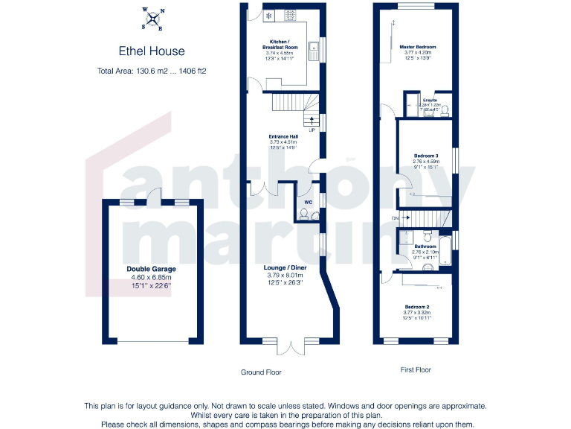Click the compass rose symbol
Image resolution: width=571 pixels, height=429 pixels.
[x=152, y=19]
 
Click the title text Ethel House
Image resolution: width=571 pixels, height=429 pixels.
[x=152, y=51]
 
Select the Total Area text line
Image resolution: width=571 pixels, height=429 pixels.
[x=152, y=71]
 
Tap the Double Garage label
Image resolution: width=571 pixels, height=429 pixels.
[x=151, y=269]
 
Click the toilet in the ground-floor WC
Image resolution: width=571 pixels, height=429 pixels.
[x=303, y=214]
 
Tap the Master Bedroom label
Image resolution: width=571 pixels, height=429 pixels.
[x=417, y=47]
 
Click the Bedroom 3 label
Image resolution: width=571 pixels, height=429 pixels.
[x=426, y=156]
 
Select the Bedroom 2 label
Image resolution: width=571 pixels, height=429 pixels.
[x=417, y=307]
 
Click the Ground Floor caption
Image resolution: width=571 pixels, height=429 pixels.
[x=261, y=372]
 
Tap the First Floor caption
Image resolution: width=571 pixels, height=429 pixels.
[x=413, y=369]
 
